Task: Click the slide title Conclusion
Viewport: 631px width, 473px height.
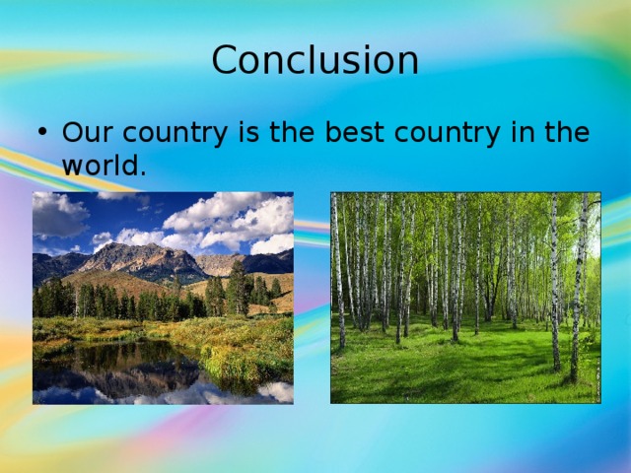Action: [315, 61]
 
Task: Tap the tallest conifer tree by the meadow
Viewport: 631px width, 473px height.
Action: [237, 288]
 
